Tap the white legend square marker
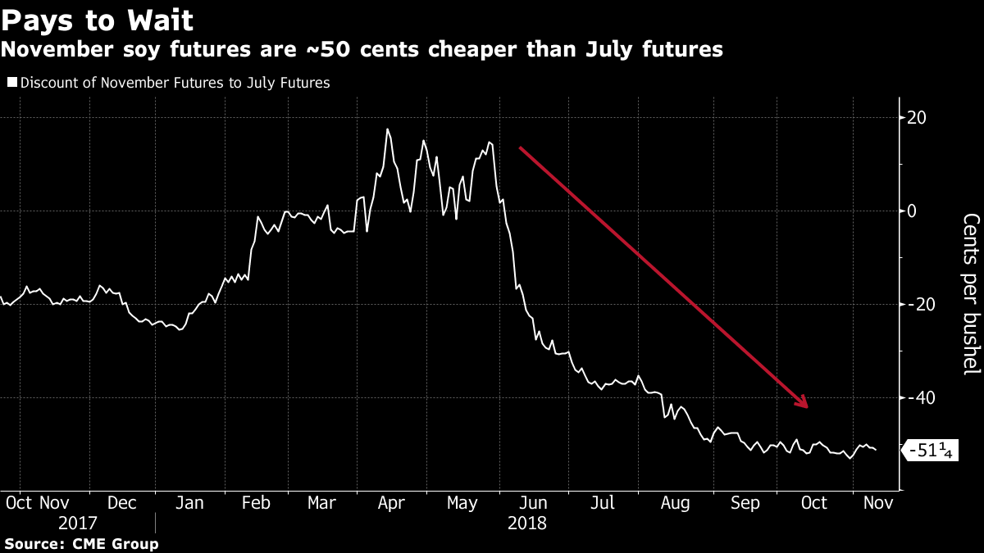(11, 83)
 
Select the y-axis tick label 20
(916, 118)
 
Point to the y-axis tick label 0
(911, 211)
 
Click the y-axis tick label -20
(919, 305)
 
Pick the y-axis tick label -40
(919, 398)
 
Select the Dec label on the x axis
(122, 503)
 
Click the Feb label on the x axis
(257, 503)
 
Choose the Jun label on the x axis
(535, 503)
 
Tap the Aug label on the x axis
(676, 503)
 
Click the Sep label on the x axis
(745, 503)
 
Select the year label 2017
(77, 523)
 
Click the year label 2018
(526, 523)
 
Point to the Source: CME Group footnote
(81, 543)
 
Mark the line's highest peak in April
(387, 129)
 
